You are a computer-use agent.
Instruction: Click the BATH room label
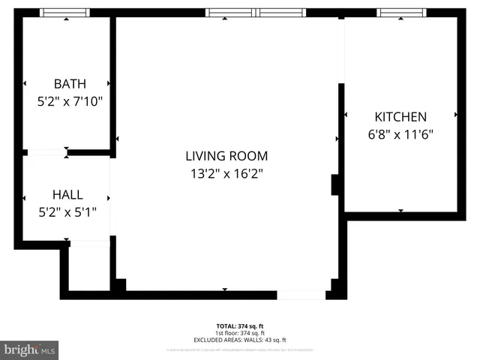pos(69,83)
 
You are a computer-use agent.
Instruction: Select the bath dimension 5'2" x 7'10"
pos(69,100)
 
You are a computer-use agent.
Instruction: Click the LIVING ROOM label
pos(226,156)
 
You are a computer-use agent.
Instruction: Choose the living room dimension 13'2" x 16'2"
pos(226,173)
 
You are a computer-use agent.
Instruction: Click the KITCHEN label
pos(400,117)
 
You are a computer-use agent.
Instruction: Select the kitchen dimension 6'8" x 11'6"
pos(400,134)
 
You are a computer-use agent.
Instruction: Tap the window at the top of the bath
pos(64,13)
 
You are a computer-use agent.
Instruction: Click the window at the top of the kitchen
pos(401,13)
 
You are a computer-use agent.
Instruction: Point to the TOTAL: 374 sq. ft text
pos(240,326)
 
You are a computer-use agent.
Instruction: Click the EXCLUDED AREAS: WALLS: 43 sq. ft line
pos(240,338)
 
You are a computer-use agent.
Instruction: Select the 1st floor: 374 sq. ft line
pos(240,332)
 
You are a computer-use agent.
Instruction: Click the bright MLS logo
pos(30,349)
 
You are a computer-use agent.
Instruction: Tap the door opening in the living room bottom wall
pos(301,295)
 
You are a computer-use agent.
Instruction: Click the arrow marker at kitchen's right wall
pos(456,115)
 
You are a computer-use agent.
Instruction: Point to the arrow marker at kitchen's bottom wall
pos(400,211)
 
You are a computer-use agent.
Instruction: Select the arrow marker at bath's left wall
pos(25,83)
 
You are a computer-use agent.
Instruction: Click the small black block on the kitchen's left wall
pos(336,184)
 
